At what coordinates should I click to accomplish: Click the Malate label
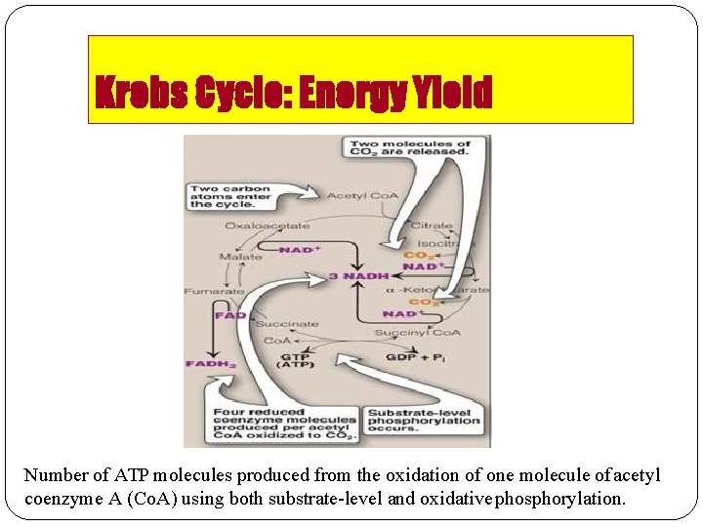240,257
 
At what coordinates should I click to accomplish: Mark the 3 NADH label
358,276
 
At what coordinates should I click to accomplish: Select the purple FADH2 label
210,364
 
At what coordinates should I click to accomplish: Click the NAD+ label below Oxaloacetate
300,250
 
